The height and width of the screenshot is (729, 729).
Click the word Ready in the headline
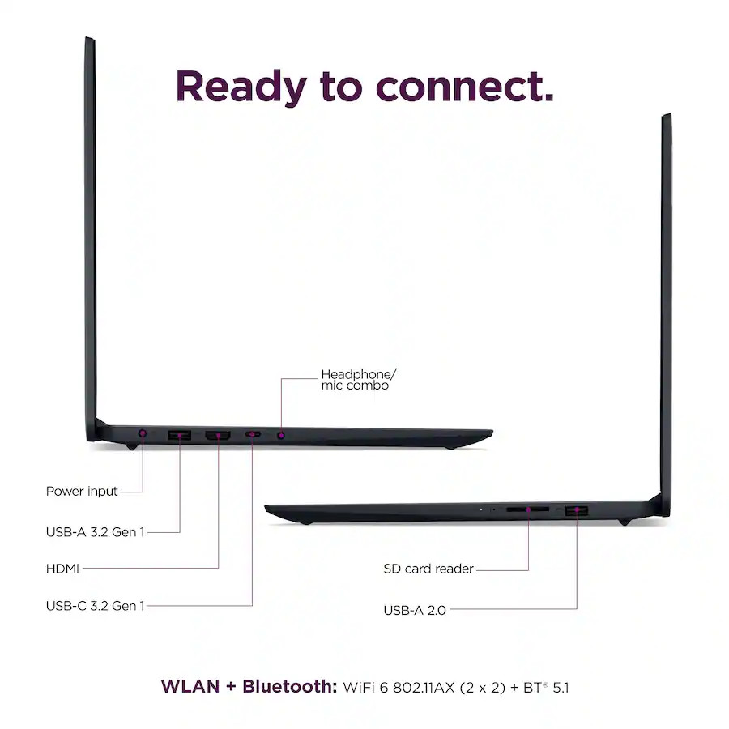(241, 87)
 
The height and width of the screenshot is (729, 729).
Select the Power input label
(82, 492)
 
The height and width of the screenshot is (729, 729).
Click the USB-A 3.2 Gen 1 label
(96, 532)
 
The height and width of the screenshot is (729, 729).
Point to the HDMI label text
(62, 569)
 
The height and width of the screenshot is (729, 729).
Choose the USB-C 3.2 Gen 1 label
(96, 606)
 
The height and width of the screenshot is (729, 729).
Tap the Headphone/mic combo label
(359, 380)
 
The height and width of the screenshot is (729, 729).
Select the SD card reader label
(428, 569)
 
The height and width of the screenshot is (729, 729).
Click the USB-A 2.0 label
(415, 610)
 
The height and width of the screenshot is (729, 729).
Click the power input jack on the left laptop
(143, 433)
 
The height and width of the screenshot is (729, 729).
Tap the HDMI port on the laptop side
(218, 436)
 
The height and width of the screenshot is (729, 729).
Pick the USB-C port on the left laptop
(253, 434)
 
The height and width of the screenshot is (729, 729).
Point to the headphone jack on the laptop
(281, 435)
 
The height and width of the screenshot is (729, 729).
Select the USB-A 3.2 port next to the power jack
(180, 435)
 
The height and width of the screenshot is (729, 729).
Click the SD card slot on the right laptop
(527, 509)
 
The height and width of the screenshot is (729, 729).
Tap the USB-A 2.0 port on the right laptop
(577, 511)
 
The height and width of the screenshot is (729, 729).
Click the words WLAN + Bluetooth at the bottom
(249, 687)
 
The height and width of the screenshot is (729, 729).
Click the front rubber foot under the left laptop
(449, 448)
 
